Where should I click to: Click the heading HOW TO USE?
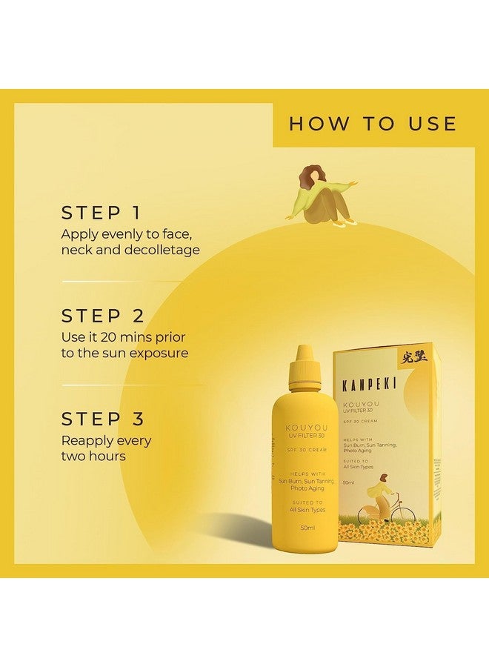click(373, 123)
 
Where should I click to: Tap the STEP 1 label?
click(102, 213)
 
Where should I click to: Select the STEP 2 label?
click(102, 316)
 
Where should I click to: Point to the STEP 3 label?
click(102, 419)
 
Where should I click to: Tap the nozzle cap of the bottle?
click(304, 368)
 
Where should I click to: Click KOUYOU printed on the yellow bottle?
click(304, 428)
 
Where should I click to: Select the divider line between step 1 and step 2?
click(119, 282)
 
